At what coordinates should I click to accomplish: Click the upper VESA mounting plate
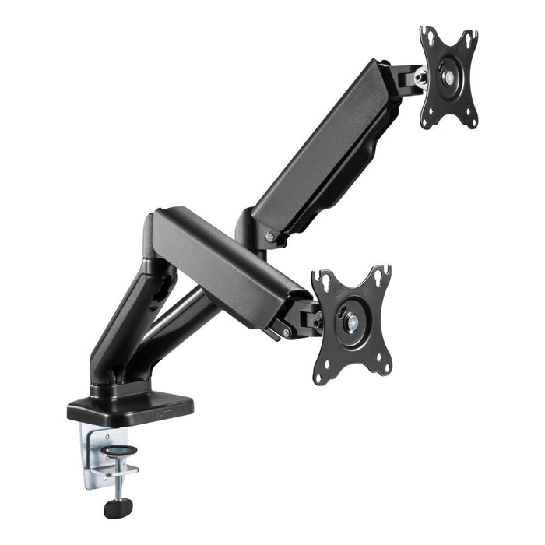(449, 78)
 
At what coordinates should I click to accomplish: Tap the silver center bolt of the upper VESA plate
(448, 76)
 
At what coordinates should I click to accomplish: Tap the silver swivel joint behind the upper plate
(420, 76)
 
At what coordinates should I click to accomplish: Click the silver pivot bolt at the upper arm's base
(269, 235)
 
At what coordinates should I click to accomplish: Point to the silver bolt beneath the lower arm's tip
(287, 332)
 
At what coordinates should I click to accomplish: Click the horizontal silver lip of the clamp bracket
(125, 469)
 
